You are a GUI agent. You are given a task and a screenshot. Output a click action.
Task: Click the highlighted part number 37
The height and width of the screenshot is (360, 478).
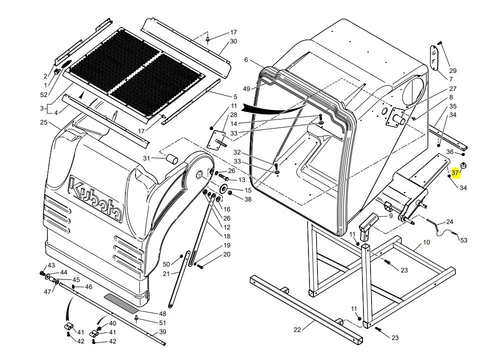pos(455,173)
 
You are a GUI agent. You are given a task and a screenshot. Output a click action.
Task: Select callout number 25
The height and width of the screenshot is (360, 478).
pos(43,122)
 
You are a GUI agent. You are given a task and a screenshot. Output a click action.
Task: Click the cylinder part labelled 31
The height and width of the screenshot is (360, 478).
pos(171,159)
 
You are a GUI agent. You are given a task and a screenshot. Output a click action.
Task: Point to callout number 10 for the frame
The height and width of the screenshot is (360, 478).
pos(426,242)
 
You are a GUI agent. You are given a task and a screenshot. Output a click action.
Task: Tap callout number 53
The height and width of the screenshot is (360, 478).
pos(463,240)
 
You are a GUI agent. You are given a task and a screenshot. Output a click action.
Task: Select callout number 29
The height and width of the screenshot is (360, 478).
pos(452,70)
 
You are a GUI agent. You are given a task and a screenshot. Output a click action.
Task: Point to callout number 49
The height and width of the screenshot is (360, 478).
pos(246,88)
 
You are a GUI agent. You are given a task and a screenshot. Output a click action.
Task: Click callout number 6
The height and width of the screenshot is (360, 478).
pos(246,60)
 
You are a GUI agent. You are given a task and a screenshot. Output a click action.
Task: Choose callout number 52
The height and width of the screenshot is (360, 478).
pos(44,94)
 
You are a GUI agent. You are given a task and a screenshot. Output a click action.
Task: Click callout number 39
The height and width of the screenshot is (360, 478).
pos(162,332)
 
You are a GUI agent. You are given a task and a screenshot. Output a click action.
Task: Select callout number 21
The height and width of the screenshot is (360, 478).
pos(166,273)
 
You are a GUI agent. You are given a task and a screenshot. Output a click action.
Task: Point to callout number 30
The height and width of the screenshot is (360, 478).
pos(233,41)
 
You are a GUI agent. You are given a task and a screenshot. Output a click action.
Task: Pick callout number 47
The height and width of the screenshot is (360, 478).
pos(47,291)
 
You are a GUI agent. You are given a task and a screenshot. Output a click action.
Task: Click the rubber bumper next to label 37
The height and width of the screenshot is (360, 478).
pos(463,165)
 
